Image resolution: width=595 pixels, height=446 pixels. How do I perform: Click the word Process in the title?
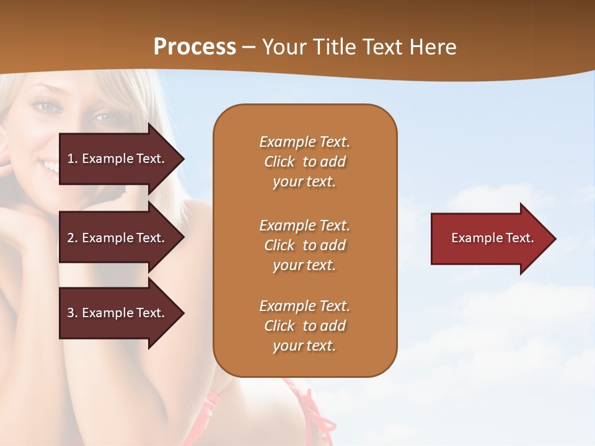tap(195, 47)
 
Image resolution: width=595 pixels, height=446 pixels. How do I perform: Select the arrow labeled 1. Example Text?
tap(118, 159)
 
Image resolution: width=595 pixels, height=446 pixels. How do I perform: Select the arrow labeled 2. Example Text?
tap(118, 238)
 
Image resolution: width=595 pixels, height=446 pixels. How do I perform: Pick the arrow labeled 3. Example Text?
tap(118, 313)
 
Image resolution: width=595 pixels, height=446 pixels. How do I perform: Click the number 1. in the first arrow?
tap(72, 159)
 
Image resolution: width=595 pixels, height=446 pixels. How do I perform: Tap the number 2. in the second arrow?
tap(72, 238)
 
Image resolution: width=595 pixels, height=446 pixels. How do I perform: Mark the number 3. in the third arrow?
tap(72, 313)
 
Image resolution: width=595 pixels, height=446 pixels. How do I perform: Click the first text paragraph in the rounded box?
tap(304, 162)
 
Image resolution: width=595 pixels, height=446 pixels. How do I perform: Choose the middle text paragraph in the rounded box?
tap(304, 245)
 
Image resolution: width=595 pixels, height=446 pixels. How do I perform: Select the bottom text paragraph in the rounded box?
tap(304, 326)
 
